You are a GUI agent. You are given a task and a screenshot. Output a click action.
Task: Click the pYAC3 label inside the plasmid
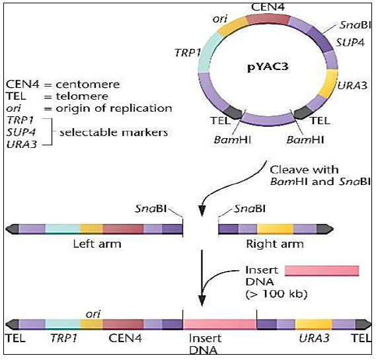(x=268, y=67)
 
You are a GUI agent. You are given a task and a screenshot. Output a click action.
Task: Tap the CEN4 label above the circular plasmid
(x=268, y=7)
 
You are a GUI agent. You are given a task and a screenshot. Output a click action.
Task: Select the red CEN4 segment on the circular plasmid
(x=268, y=20)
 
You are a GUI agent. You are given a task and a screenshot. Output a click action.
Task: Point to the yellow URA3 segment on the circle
(x=329, y=84)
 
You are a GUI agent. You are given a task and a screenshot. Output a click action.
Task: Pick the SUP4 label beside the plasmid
(x=350, y=43)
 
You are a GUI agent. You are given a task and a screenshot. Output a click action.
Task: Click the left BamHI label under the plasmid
(x=233, y=140)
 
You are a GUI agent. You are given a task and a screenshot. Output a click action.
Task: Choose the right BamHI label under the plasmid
(x=305, y=140)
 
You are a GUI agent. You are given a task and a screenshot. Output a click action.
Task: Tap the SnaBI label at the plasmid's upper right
(x=355, y=25)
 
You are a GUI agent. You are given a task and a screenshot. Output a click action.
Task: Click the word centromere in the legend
(x=88, y=85)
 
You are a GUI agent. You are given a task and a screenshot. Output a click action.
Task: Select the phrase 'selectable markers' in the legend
(x=114, y=133)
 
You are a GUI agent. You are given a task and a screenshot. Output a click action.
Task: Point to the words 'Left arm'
(x=97, y=244)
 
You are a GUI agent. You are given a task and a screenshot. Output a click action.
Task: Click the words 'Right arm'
(x=275, y=244)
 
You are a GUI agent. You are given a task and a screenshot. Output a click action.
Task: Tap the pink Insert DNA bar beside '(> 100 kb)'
(x=322, y=271)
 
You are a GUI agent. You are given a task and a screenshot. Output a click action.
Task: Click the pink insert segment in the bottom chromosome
(x=219, y=324)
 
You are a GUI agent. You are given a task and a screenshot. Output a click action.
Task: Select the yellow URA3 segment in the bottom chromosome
(x=314, y=324)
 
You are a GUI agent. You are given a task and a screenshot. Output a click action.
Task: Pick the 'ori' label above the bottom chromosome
(x=93, y=314)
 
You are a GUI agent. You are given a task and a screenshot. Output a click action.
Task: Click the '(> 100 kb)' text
(x=276, y=294)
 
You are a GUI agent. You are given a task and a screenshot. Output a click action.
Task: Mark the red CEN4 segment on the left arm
(x=123, y=229)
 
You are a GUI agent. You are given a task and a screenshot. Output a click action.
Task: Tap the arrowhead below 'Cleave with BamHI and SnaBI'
(x=202, y=211)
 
